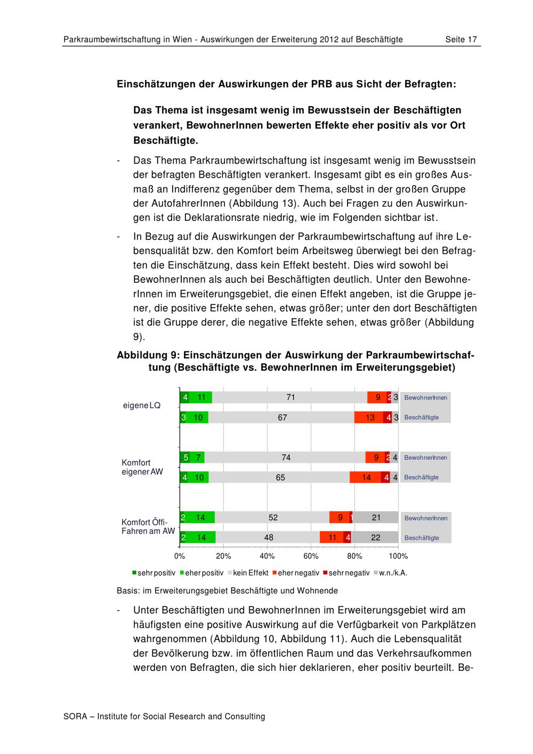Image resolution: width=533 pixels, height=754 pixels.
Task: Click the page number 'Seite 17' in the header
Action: [461, 39]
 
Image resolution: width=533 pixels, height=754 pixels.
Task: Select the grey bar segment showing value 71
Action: [290, 397]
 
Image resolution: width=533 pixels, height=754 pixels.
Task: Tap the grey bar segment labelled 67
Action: [281, 418]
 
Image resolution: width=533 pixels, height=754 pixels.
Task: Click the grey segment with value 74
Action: [285, 458]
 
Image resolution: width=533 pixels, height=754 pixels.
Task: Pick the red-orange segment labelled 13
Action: [369, 418]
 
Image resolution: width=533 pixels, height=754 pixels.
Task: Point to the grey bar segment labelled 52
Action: [272, 517]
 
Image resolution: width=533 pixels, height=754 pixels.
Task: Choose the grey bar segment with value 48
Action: [268, 538]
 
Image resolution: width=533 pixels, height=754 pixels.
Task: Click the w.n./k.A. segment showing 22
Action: [375, 538]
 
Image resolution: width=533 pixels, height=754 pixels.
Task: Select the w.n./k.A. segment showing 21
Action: [376, 517]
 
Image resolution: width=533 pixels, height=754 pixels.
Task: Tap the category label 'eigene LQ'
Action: [141, 406]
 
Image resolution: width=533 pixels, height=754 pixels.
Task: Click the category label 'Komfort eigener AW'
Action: [142, 468]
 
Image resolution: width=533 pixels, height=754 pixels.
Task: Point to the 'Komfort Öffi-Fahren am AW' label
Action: [148, 527]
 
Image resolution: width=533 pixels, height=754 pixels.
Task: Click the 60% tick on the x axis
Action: [311, 556]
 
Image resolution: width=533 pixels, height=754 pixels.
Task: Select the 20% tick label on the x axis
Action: [223, 556]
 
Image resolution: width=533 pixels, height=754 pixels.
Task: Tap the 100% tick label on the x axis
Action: [398, 556]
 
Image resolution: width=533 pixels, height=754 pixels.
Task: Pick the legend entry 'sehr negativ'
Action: [349, 573]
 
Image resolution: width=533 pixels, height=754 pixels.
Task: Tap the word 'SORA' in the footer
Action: [75, 716]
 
